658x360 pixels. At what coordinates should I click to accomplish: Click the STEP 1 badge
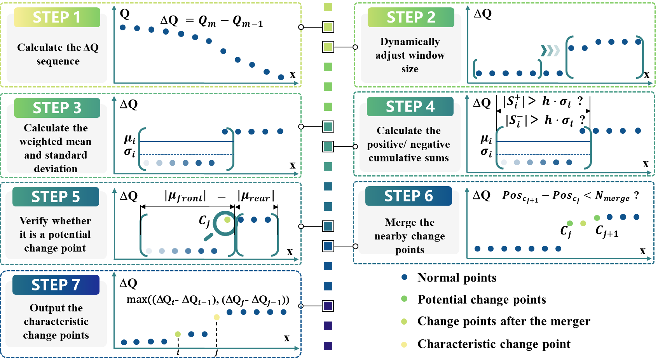tap(57, 17)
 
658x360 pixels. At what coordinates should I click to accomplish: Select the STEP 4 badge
tap(410, 107)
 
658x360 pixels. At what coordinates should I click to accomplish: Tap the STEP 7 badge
tap(56, 285)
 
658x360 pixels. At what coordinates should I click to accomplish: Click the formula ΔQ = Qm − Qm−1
tap(211, 21)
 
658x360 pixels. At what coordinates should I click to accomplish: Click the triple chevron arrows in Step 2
tap(550, 51)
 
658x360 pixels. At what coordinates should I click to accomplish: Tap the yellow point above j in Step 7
tap(216, 317)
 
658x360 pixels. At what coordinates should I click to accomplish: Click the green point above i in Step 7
tap(178, 334)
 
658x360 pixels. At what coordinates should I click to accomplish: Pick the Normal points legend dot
tap(405, 277)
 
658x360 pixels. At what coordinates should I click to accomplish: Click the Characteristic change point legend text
tap(494, 344)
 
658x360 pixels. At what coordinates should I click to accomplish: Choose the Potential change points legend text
tap(482, 299)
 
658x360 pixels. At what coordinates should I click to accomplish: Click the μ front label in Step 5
tap(185, 196)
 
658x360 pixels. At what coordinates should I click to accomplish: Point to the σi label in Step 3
tap(129, 152)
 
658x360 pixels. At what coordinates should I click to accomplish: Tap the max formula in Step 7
tap(208, 300)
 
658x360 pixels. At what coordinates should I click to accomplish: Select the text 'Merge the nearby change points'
tap(410, 236)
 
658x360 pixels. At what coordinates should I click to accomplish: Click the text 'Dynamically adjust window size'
tap(410, 55)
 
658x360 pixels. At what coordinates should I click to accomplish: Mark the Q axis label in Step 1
tap(124, 14)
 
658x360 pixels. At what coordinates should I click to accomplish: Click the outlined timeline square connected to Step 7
tap(328, 306)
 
